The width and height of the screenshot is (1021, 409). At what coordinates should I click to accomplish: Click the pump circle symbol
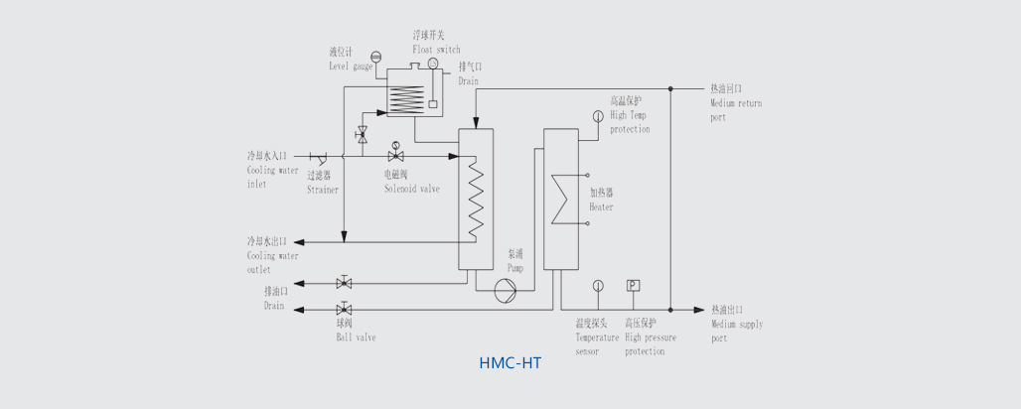pyautogui.click(x=505, y=289)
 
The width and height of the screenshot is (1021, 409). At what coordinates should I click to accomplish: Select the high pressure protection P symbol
pyautogui.click(x=633, y=286)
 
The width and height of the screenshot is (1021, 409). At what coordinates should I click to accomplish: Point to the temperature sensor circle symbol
pyautogui.click(x=598, y=286)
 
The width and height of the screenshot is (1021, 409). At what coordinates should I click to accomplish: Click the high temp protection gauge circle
pyautogui.click(x=597, y=116)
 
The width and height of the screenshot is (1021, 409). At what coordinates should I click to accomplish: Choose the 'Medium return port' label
pyautogui.click(x=736, y=103)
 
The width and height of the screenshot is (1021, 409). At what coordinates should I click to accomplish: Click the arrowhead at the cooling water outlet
pyautogui.click(x=303, y=241)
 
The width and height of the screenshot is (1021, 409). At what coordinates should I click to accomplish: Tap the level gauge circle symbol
pyautogui.click(x=375, y=56)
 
